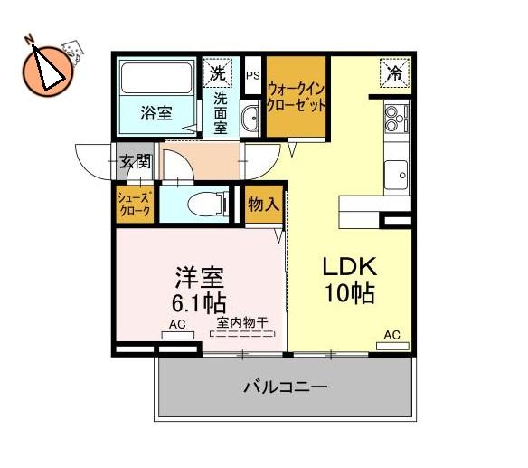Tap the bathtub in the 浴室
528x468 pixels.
[156, 78]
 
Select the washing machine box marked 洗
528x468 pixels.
[218, 73]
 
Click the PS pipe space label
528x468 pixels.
[252, 75]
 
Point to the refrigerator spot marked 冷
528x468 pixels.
[395, 73]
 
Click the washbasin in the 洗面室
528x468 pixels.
[250, 118]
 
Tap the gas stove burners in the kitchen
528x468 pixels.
[397, 119]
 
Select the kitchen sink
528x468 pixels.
[396, 175]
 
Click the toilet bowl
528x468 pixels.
[206, 205]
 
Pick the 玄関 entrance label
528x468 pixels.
[135, 161]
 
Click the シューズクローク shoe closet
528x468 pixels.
[135, 205]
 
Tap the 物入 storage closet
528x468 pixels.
[264, 205]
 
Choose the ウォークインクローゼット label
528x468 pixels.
[297, 98]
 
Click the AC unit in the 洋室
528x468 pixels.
[178, 335]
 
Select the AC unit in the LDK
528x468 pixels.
[392, 346]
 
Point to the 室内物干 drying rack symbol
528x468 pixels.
[242, 334]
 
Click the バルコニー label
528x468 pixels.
[285, 387]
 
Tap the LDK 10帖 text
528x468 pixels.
[350, 280]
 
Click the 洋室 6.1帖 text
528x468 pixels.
[199, 290]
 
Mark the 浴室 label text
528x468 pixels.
[156, 113]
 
